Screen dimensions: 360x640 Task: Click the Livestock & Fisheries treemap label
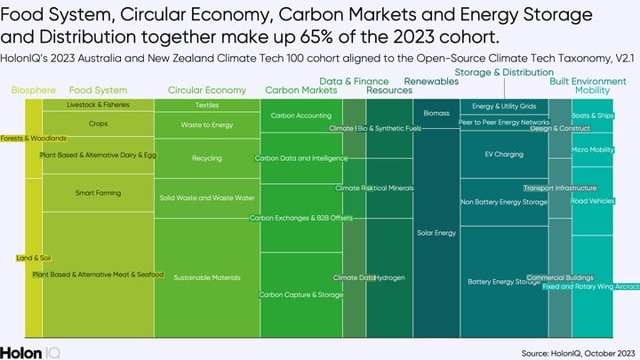coord(99,105)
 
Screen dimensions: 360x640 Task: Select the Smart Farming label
coord(98,193)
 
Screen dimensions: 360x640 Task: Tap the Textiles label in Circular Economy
coord(207,105)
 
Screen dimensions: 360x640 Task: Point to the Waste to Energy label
coord(207,125)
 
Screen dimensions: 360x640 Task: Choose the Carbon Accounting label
coord(300,116)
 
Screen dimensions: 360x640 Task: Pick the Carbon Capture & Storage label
coord(300,294)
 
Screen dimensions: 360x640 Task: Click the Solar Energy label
coord(436,233)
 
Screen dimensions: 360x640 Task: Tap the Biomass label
coord(436,114)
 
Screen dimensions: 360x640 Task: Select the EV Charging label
coord(503,155)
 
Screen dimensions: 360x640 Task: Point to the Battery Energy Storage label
coord(503,282)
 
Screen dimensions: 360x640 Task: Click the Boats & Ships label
coord(592,116)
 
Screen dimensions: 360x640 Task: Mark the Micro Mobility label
coord(593,149)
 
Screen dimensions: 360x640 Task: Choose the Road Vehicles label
coord(593,201)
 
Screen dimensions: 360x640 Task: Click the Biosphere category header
coord(33,90)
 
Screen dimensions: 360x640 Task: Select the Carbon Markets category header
coord(301,90)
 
